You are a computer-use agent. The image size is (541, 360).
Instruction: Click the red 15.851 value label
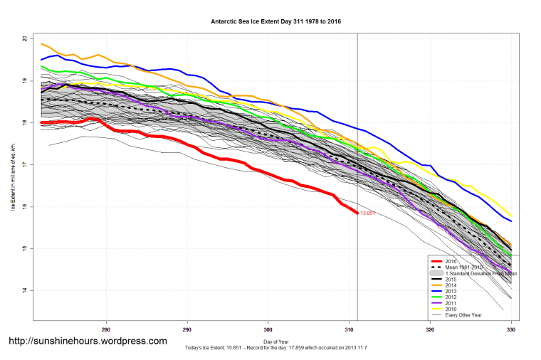[x=368, y=213]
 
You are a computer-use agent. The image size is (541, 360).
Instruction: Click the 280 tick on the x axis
[x=106, y=329]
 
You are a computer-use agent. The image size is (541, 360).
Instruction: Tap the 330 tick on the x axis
[x=511, y=329]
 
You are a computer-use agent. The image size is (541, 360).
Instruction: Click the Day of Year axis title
[x=276, y=342]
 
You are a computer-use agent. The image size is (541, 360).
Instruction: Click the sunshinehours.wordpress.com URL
[x=88, y=341]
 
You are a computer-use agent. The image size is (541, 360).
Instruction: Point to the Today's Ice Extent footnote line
[x=276, y=349]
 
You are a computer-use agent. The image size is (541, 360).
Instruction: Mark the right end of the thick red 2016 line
[x=357, y=213]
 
